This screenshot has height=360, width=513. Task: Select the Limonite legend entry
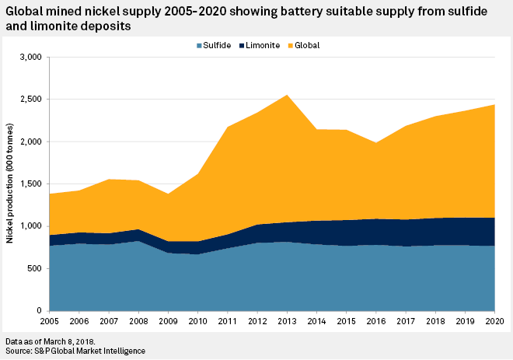click(263, 45)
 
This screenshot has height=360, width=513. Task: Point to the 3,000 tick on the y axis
click(31, 58)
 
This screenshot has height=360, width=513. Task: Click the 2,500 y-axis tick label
click(31, 100)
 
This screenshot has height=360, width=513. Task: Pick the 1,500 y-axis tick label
click(31, 184)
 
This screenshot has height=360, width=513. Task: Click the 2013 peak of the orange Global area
click(287, 96)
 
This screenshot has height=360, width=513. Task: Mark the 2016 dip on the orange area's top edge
click(376, 143)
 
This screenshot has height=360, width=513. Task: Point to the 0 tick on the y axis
click(40, 311)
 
